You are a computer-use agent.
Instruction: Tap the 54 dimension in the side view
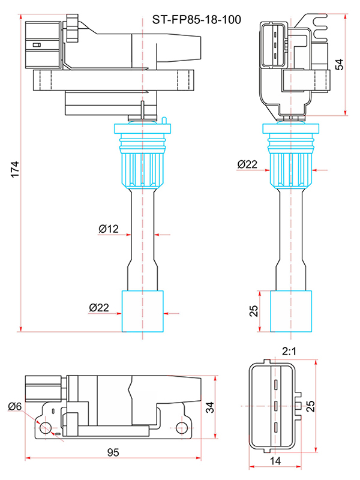coord(340,64)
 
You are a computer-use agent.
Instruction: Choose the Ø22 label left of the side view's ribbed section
coord(247,164)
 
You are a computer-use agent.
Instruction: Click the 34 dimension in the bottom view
coord(209,408)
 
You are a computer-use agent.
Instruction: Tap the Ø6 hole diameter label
coord(15,406)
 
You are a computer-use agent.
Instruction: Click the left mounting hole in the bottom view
coord(44,427)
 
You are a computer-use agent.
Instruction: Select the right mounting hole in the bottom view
coord(182,427)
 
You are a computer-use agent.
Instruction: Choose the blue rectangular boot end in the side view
coord(292,311)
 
